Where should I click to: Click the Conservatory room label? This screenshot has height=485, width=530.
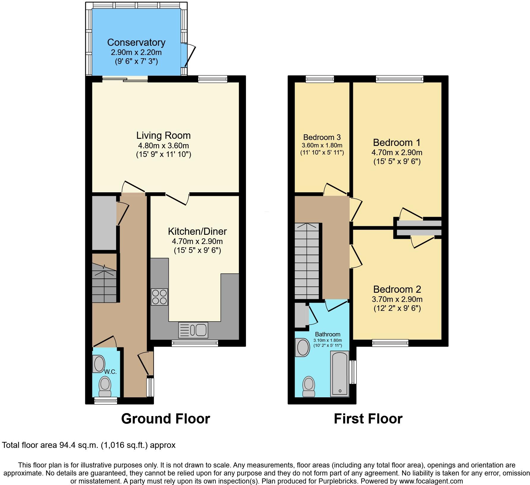coord(136,42)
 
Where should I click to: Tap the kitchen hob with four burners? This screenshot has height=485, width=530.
coord(160,297)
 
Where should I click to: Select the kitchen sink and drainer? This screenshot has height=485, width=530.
coord(193,330)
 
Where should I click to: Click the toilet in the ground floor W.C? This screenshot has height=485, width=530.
coord(105,386)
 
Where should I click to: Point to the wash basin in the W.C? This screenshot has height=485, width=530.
coord(99,364)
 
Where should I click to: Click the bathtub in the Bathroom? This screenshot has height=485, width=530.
coord(340,374)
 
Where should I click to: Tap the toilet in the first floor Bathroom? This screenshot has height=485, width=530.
coord(308,387)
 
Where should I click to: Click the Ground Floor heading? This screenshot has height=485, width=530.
coord(165,419)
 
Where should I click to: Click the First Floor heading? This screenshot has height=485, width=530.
coord(368,419)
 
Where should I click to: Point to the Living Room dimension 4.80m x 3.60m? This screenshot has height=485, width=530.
coord(163,146)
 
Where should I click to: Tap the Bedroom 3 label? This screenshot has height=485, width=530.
coord(322,137)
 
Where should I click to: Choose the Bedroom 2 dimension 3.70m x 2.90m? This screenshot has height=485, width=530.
coord(397,299)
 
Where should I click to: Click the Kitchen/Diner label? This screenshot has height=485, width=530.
coord(197,231)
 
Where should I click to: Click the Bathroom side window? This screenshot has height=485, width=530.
coord(353,372)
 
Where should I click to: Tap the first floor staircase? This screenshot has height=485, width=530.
coord(307,262)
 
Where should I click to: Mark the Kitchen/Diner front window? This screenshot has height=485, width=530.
coord(195,343)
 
